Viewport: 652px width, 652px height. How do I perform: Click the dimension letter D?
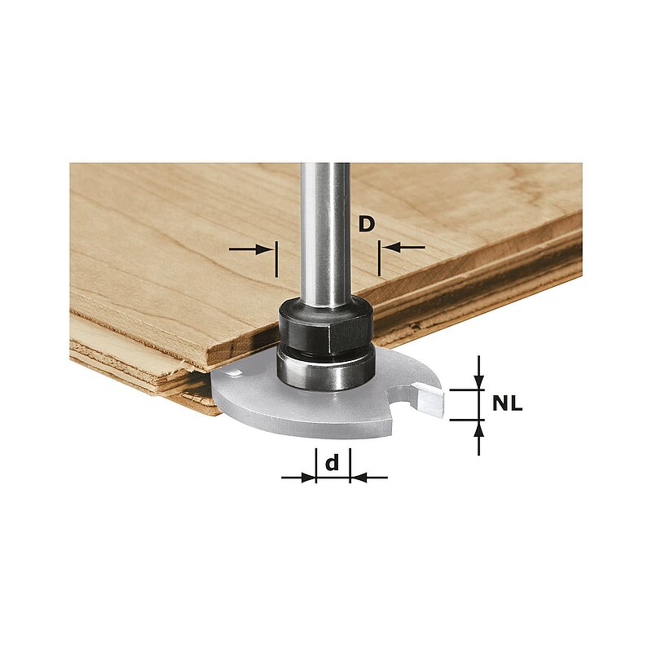366,224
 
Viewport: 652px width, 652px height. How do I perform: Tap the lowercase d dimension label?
332,462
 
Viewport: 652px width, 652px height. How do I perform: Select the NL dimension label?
507,403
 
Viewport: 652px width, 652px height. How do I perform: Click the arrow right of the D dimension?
403,248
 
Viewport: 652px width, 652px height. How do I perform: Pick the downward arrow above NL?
479,372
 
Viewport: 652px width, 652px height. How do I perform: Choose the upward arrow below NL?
479,438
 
